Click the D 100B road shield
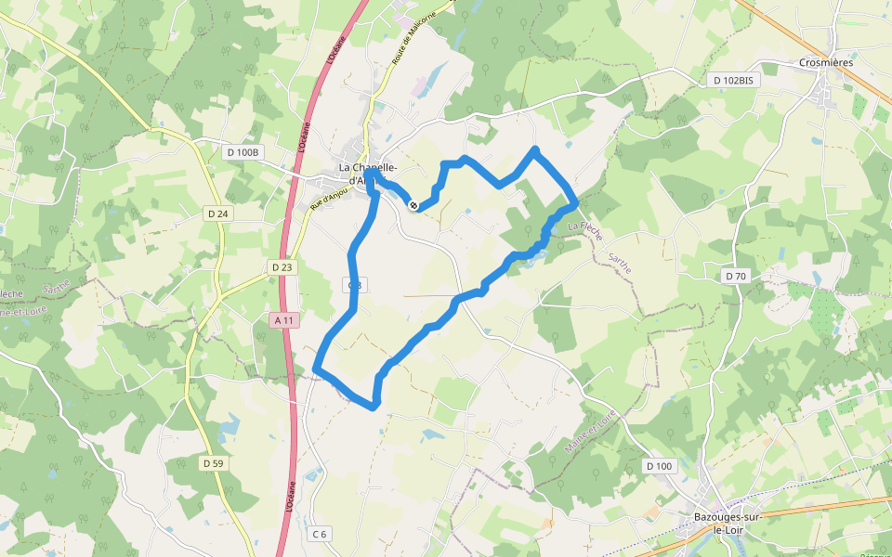(244, 150)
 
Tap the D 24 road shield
(217, 214)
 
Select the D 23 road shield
(282, 267)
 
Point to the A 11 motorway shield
(285, 320)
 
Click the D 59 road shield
(213, 462)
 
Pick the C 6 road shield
(319, 534)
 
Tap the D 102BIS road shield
(733, 80)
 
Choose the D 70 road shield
(735, 276)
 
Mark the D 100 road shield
(659, 465)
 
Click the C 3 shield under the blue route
(353, 285)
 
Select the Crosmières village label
(826, 63)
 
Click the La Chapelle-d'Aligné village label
(369, 174)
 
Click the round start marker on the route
(413, 205)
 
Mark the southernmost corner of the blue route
(374, 407)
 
